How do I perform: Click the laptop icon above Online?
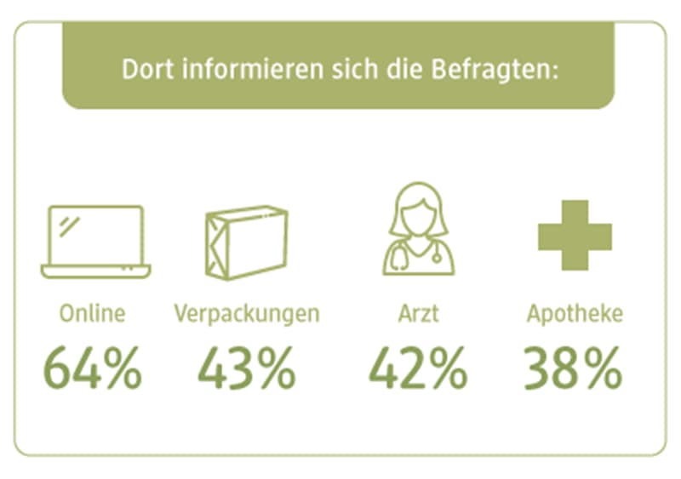(x=95, y=242)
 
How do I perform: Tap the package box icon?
(x=246, y=242)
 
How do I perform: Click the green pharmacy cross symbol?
(x=575, y=236)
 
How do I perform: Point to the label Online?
(x=92, y=313)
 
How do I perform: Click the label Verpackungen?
(x=247, y=314)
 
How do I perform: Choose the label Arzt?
(x=417, y=313)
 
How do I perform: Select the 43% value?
(x=247, y=367)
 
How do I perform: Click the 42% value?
(x=417, y=367)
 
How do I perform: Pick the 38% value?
(x=573, y=367)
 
